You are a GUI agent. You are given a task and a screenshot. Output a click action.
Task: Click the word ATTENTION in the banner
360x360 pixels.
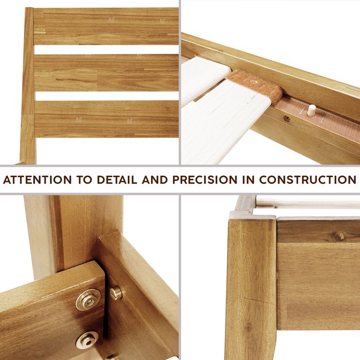click(37, 180)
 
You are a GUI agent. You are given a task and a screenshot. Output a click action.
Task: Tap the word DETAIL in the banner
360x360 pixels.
click(117, 180)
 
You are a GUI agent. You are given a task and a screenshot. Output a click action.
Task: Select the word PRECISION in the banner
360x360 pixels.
click(205, 180)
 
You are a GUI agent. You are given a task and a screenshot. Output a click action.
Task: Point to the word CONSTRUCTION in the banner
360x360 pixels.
click(308, 180)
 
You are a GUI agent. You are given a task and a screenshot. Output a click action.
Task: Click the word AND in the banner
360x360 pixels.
click(155, 180)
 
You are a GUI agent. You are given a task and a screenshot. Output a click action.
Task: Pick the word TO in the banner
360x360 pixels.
click(84, 180)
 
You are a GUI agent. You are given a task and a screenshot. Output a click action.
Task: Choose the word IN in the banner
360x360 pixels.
click(248, 180)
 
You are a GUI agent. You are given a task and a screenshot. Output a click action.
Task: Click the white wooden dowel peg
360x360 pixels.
click(311, 110)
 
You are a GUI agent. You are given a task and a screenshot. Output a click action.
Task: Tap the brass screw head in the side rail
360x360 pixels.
click(287, 118)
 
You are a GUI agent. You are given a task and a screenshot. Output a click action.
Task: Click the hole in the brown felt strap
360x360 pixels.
click(253, 82)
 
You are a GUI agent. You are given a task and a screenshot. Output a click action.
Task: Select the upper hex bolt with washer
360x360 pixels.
click(88, 299)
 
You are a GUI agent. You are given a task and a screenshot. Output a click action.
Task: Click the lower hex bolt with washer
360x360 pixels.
click(87, 339)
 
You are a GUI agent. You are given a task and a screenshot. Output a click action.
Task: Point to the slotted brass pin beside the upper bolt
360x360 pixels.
click(116, 293)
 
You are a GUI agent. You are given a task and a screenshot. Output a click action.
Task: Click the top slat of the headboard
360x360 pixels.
click(106, 26)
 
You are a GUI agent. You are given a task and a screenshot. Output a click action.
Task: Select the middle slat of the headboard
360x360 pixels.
click(107, 72)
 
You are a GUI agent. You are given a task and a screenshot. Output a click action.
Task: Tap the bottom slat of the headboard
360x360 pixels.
click(107, 119)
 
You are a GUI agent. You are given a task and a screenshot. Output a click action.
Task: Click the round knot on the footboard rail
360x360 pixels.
click(339, 236)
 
